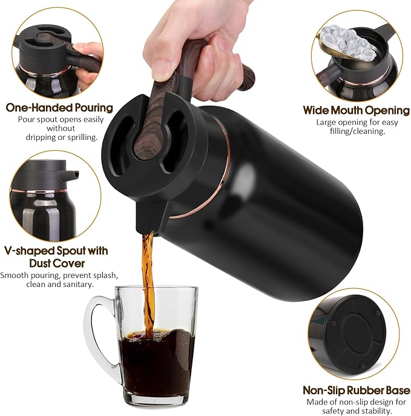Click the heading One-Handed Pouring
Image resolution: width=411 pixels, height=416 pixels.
pos(59,108)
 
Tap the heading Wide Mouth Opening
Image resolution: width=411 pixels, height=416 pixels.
pos(356,110)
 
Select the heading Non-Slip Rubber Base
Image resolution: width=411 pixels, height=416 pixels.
pos(356,390)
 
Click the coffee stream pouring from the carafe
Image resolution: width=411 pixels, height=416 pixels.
pos(148,279)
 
